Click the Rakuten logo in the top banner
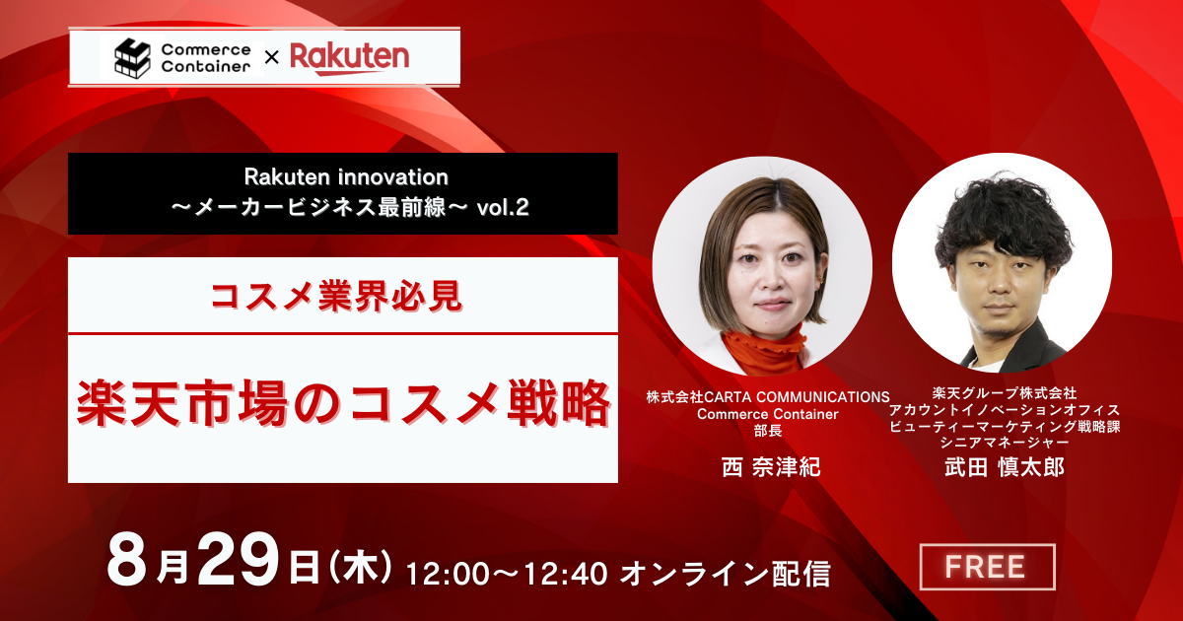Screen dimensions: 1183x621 coord(350,58)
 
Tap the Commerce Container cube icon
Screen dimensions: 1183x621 coord(132,58)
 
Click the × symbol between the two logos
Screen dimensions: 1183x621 coord(271,57)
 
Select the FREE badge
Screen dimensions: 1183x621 coord(987,567)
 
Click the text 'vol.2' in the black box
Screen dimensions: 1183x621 coord(502,208)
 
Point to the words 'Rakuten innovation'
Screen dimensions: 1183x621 coord(346,177)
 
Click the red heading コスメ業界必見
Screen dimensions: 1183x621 coord(336,297)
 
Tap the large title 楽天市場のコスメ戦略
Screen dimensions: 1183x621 coord(344,403)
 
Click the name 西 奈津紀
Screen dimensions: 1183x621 coord(771,467)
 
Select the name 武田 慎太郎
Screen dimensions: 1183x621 coord(1004,467)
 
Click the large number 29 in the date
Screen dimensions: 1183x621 coord(239,561)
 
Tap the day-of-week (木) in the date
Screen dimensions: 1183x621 coord(360,568)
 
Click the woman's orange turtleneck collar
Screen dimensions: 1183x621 coord(764,349)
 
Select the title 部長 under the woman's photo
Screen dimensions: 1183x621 coord(768,431)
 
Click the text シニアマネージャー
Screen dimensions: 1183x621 coord(1004,442)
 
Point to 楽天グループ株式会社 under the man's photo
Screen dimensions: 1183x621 coord(1004,393)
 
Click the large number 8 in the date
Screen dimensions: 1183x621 coord(127,561)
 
